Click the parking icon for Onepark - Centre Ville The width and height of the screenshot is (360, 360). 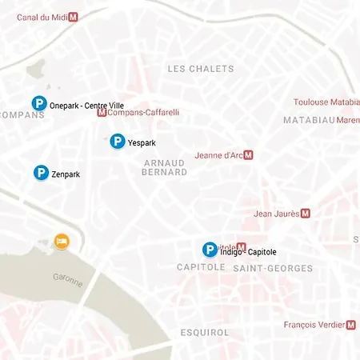[38, 103]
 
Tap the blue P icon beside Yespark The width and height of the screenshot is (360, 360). [117, 142]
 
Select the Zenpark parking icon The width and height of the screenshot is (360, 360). [41, 173]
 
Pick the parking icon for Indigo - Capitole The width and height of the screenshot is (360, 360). [210, 250]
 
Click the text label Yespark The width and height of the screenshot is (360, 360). [142, 143]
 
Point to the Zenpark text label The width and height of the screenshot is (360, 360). [66, 174]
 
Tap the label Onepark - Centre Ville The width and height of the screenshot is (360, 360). [86, 105]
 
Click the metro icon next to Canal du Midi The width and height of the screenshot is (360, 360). [74, 16]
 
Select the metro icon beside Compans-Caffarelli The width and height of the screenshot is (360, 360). [101, 113]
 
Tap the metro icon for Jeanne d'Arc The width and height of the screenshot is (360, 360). [248, 155]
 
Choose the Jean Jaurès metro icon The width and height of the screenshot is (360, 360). [305, 214]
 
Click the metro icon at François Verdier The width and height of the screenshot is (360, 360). [351, 325]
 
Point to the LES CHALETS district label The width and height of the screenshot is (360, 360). [201, 69]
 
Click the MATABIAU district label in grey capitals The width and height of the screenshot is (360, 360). [308, 120]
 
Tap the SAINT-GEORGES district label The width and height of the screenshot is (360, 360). [273, 268]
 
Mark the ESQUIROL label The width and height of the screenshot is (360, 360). [205, 332]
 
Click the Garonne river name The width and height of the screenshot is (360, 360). [68, 281]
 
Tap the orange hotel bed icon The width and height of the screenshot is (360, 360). [61, 241]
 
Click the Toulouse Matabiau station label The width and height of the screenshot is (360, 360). [326, 102]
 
